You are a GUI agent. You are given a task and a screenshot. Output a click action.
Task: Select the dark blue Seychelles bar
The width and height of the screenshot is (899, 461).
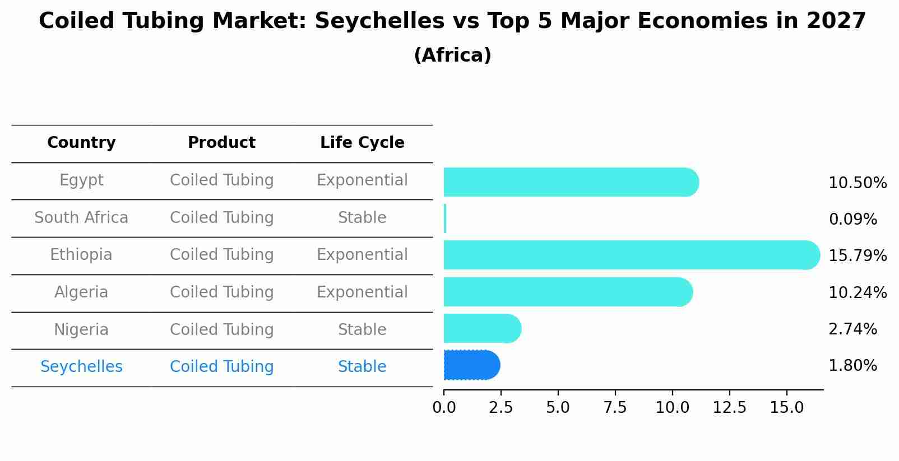click(x=471, y=365)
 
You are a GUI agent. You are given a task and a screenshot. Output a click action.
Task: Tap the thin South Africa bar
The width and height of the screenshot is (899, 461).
click(x=445, y=218)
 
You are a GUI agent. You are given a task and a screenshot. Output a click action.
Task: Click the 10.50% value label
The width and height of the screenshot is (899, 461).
click(x=857, y=183)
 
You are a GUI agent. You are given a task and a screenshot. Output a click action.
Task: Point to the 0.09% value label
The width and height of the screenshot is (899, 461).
click(x=852, y=220)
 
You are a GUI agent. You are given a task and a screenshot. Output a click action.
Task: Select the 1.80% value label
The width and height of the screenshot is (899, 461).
click(x=852, y=366)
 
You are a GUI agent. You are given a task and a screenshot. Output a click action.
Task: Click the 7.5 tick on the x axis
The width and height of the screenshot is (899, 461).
click(x=615, y=408)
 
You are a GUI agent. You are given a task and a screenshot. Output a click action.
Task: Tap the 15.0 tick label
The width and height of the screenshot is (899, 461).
click(x=786, y=408)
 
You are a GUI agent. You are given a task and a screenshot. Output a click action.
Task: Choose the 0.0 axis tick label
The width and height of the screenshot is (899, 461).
click(x=444, y=408)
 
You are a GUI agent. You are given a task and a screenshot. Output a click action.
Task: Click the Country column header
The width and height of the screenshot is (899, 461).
click(x=81, y=143)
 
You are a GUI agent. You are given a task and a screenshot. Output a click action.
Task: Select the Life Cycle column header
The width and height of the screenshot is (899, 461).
click(x=362, y=143)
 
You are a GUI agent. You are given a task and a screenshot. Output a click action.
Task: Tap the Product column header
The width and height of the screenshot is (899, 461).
click(x=221, y=143)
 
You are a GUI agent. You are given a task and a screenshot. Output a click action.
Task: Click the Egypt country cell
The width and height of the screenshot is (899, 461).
click(x=81, y=180)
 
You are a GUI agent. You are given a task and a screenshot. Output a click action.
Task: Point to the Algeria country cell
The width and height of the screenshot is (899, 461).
click(x=81, y=292)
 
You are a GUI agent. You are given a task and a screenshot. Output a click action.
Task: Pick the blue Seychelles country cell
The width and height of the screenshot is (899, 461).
click(x=81, y=367)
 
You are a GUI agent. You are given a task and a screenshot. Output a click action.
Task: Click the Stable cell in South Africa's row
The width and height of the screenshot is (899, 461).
click(x=362, y=218)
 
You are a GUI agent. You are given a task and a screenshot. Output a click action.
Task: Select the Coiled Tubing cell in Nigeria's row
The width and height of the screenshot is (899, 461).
click(x=221, y=330)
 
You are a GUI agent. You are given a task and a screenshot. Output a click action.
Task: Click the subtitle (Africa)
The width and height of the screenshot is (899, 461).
click(x=452, y=55)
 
